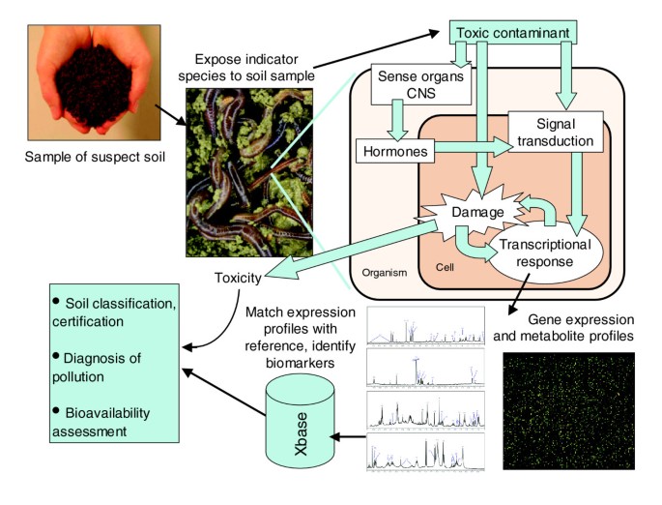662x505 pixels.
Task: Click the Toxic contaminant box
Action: (516, 31)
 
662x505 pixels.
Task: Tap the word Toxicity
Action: (237, 279)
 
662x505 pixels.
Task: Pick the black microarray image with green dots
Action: (568, 410)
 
